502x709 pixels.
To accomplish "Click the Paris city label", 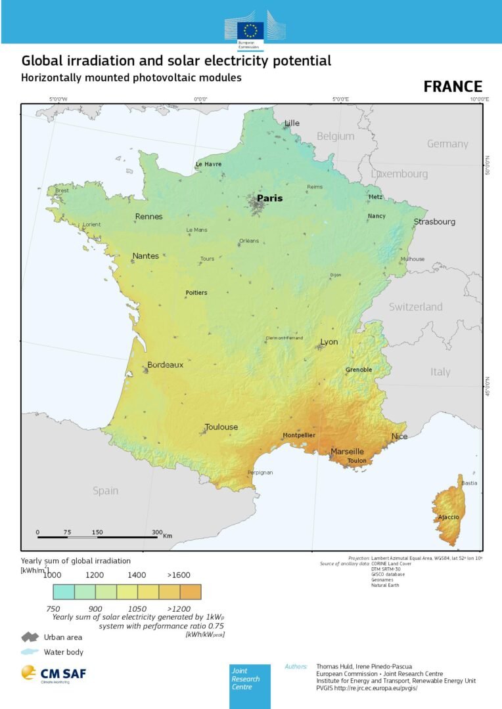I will [x=269, y=198].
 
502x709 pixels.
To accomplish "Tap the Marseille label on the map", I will [x=347, y=452].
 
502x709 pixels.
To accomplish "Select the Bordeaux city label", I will [x=165, y=365].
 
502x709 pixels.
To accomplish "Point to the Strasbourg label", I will [x=434, y=222].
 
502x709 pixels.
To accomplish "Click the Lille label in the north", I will [x=291, y=123].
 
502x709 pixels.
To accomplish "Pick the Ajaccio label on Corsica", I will [x=449, y=518].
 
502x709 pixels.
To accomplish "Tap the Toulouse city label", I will [x=221, y=427].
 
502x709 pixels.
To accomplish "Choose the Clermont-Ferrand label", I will [x=284, y=338].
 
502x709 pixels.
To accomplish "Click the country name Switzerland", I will [x=415, y=307].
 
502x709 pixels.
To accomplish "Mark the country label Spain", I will [x=105, y=490].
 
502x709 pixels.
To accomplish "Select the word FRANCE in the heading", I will [x=453, y=87].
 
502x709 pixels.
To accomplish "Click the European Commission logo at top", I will [x=250, y=30].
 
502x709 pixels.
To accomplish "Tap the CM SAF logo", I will [x=53, y=674].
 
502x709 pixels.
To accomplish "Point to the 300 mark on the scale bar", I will [x=157, y=532].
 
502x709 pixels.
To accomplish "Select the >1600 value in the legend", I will [x=179, y=575].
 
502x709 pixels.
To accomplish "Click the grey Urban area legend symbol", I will [x=30, y=637].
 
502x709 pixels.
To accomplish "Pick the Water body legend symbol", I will [x=30, y=652].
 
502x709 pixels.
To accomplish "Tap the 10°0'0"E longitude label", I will [x=479, y=99].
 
